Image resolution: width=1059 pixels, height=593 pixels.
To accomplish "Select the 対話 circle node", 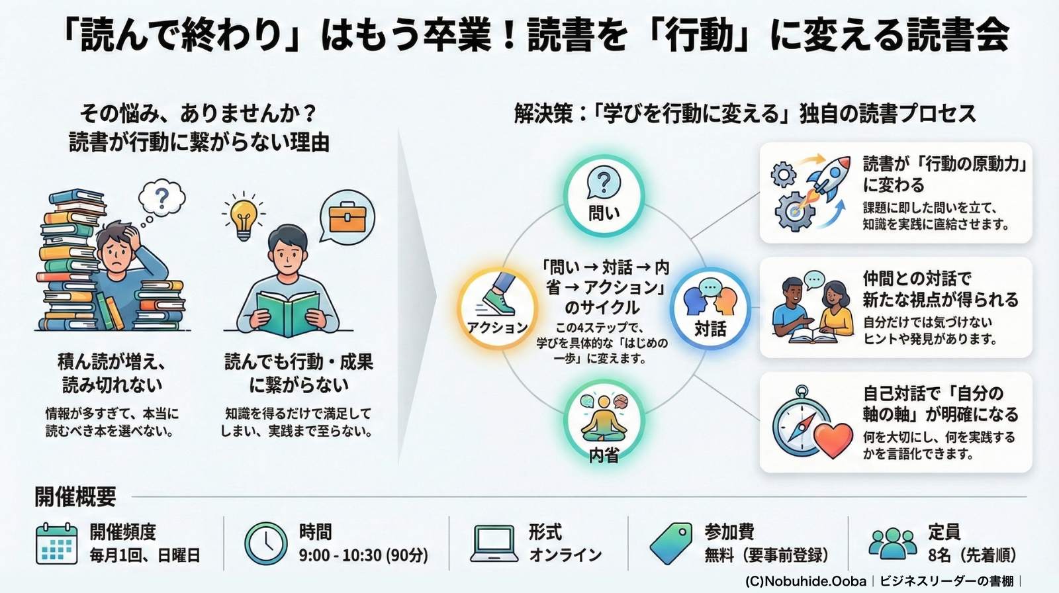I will (710, 308).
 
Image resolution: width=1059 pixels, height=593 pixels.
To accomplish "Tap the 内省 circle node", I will (604, 424).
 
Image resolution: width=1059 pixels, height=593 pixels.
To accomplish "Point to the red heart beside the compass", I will (833, 439).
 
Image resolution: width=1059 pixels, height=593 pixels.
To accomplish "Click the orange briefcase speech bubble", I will (347, 218).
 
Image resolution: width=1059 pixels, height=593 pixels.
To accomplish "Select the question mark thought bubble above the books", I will (161, 198).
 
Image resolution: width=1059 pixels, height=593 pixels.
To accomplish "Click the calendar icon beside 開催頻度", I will (56, 543).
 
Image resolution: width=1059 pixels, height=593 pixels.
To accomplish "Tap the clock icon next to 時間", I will (266, 543).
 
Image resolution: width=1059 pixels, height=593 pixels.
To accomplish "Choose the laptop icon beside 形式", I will (494, 543).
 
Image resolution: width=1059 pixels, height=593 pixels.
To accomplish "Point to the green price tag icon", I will (671, 543).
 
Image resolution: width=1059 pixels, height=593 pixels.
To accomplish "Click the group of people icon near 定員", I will (893, 543).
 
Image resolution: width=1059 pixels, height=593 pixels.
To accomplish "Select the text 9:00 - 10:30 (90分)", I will (363, 555).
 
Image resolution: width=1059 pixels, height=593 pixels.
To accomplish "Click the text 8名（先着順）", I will (972, 555).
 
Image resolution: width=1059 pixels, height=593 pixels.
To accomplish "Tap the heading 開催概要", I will (75, 496).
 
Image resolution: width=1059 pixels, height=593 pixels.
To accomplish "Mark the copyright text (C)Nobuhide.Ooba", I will (806, 581).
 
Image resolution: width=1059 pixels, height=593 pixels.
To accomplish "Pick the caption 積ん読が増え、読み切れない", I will (112, 373).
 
